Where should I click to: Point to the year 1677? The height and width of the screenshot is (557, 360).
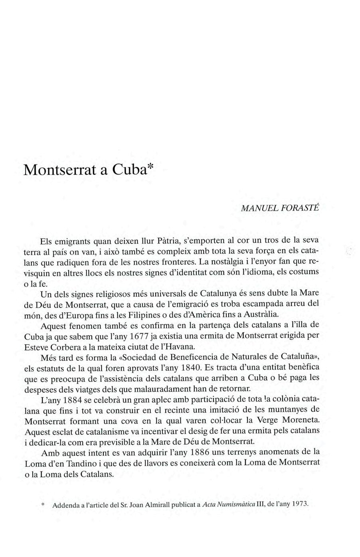137,336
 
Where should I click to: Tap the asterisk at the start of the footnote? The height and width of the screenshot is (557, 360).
43,504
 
